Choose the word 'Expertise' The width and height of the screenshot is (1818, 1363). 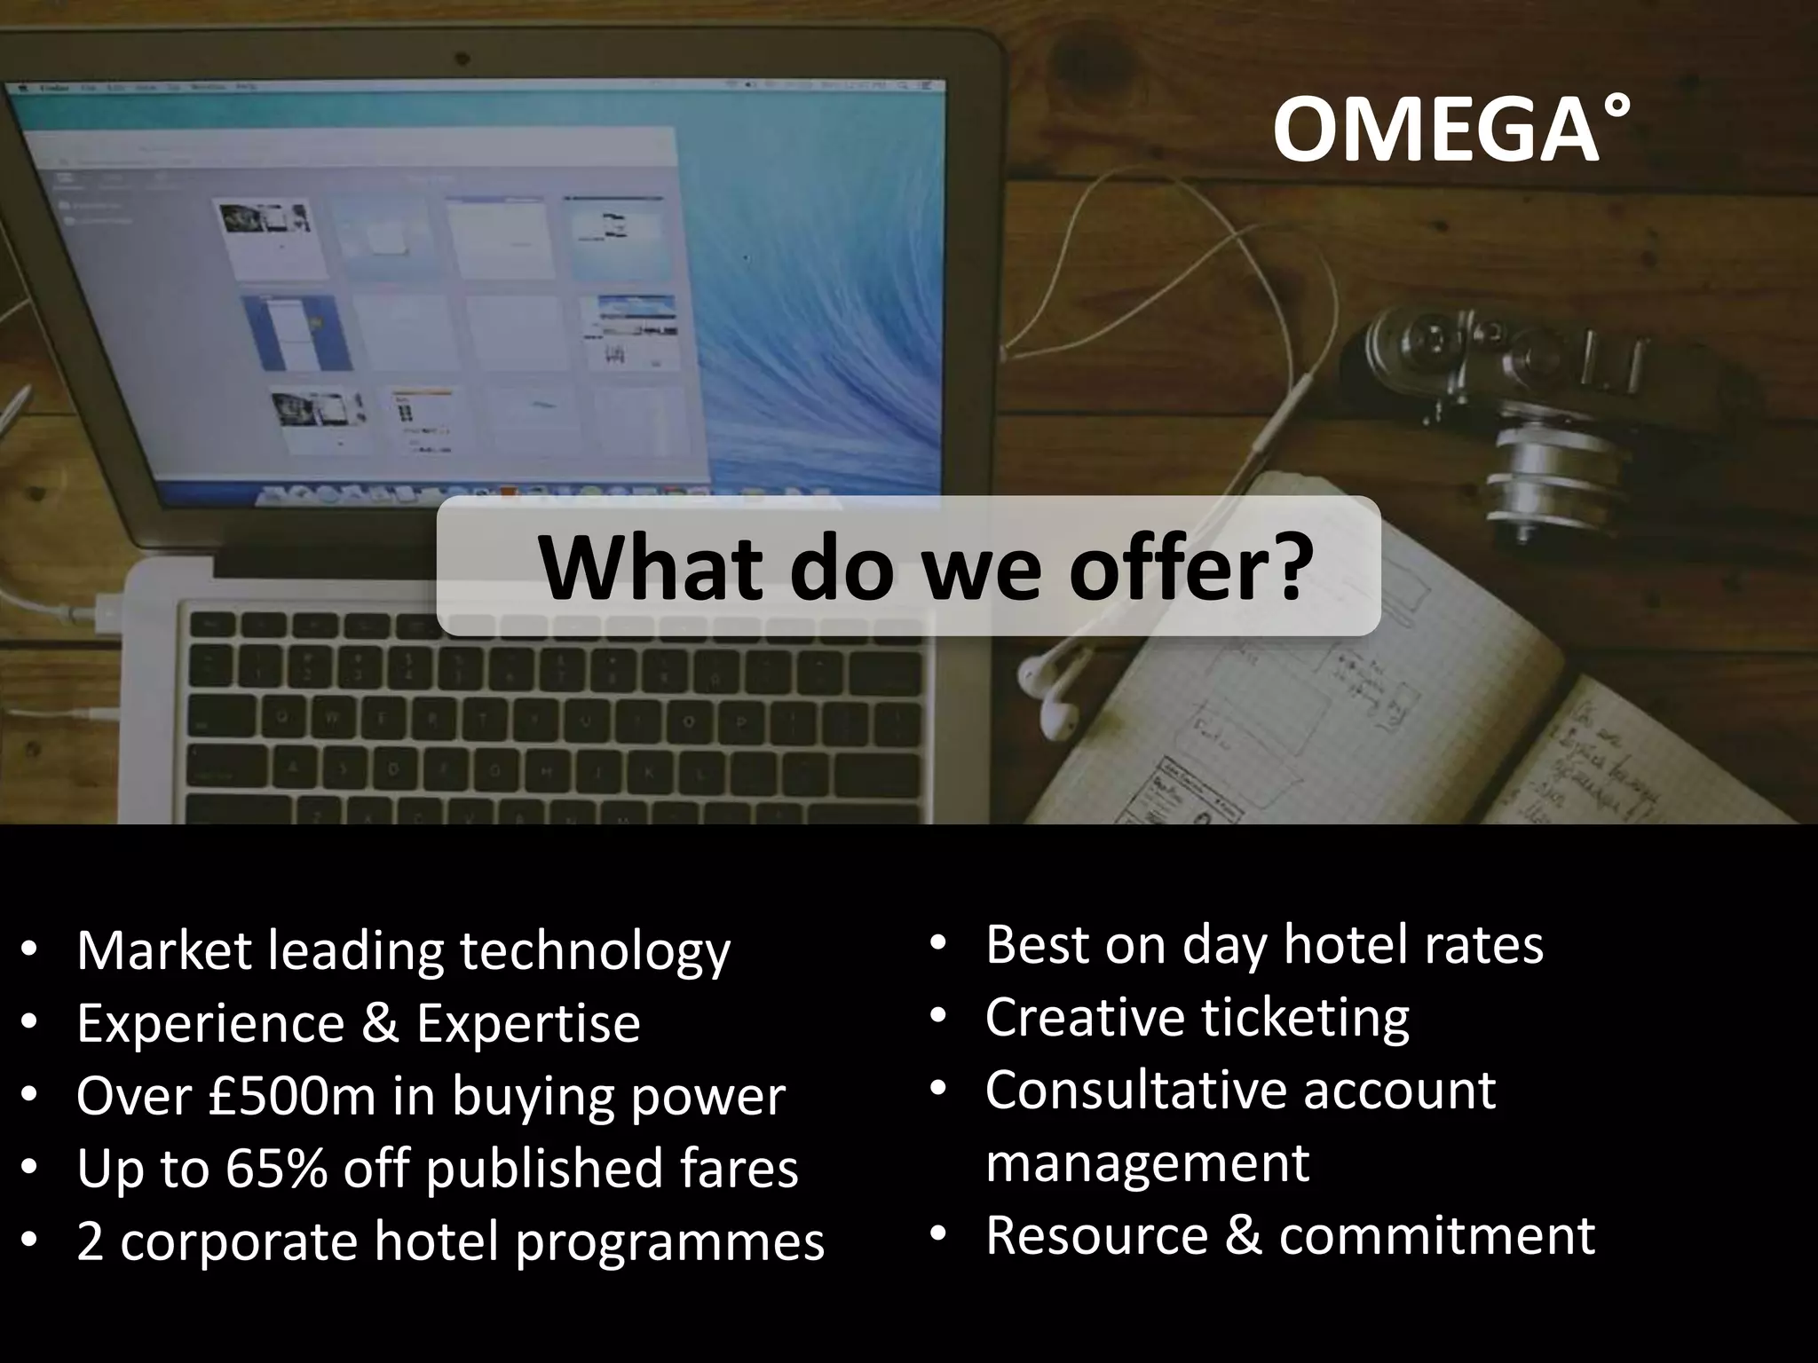(x=528, y=1023)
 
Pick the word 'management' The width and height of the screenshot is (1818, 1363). (x=1147, y=1162)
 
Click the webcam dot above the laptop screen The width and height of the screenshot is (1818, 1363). (x=462, y=58)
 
